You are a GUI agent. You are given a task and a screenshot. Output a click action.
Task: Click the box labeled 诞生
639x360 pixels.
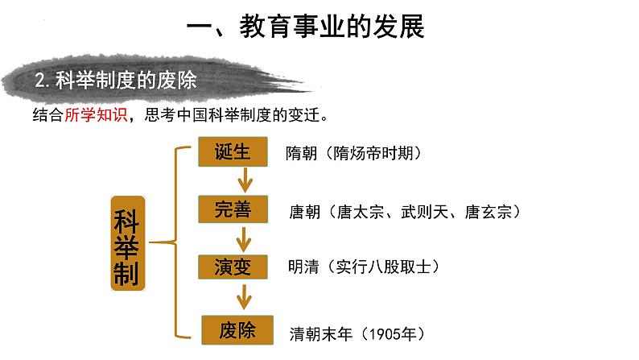pos(233,152)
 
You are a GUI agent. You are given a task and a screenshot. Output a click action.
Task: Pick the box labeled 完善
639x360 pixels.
pos(233,209)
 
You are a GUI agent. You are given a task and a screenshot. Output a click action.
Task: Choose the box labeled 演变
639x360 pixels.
pos(233,267)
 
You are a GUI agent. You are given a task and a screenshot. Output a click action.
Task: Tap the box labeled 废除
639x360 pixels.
pos(233,329)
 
